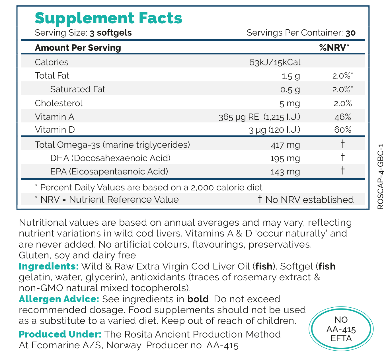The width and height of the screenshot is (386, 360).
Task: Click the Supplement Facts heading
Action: click(x=108, y=18)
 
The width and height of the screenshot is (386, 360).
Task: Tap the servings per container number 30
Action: click(x=350, y=33)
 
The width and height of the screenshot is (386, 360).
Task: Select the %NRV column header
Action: click(x=334, y=48)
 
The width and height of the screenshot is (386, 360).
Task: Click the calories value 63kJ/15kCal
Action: click(x=275, y=62)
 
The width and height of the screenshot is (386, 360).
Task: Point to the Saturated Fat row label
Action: click(x=78, y=89)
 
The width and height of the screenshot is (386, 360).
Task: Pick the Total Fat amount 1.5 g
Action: click(x=291, y=76)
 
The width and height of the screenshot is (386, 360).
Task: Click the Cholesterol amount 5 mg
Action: click(x=289, y=103)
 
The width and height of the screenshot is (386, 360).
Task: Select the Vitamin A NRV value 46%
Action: click(x=343, y=117)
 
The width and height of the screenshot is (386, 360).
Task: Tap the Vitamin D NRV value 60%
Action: click(x=343, y=130)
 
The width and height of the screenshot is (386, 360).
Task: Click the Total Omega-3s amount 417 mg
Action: click(x=286, y=145)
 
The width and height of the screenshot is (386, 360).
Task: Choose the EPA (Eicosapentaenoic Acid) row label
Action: click(x=109, y=172)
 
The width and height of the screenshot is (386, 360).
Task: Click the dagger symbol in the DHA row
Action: click(x=343, y=157)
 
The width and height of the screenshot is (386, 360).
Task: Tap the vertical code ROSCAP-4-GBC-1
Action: click(x=380, y=176)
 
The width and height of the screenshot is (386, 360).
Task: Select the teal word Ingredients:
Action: click(x=49, y=266)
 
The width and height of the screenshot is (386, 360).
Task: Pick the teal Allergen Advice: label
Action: click(x=59, y=299)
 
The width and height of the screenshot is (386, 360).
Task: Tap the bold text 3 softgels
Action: click(x=111, y=33)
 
